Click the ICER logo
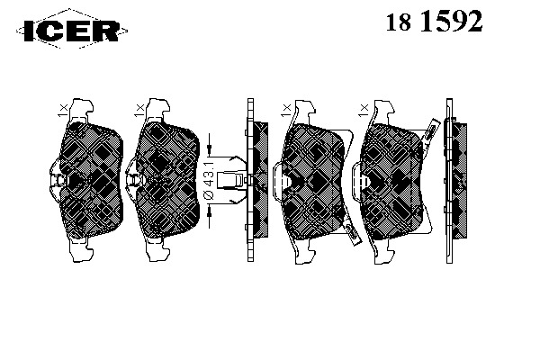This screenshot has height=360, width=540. (x=72, y=31)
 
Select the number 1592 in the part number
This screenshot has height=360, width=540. (x=451, y=22)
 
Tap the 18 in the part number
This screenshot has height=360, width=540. (x=399, y=22)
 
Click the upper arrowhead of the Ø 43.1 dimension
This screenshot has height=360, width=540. (x=209, y=148)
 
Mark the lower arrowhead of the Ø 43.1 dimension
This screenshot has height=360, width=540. (x=209, y=213)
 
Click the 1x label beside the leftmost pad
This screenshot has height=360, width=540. (x=63, y=111)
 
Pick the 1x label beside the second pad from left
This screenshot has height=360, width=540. (x=139, y=111)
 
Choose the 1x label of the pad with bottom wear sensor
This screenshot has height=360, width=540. (x=286, y=111)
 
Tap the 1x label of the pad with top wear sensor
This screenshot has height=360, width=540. (x=364, y=111)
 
